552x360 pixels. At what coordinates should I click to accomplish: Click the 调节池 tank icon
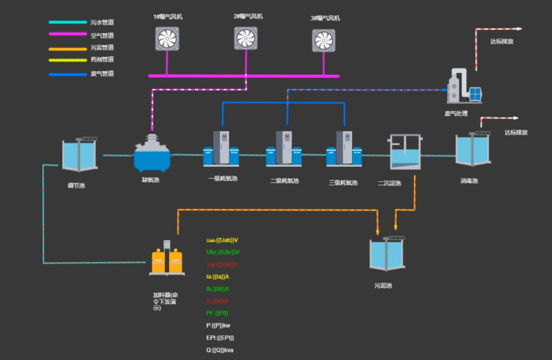coord(80,154)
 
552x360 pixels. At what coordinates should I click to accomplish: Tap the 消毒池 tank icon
coord(473,149)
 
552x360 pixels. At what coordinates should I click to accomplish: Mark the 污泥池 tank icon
coord(388,254)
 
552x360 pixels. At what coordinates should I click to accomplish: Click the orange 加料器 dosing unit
coord(167,261)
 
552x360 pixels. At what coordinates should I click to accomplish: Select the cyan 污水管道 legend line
coord(66,22)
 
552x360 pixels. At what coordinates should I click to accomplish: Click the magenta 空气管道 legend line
coord(66,34)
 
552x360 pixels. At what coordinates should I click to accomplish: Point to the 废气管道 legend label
coord(102,73)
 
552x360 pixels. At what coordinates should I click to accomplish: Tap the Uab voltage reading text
coord(222,240)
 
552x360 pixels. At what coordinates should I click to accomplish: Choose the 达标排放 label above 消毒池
coord(515,132)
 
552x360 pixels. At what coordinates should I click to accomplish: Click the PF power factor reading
coord(217,313)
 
